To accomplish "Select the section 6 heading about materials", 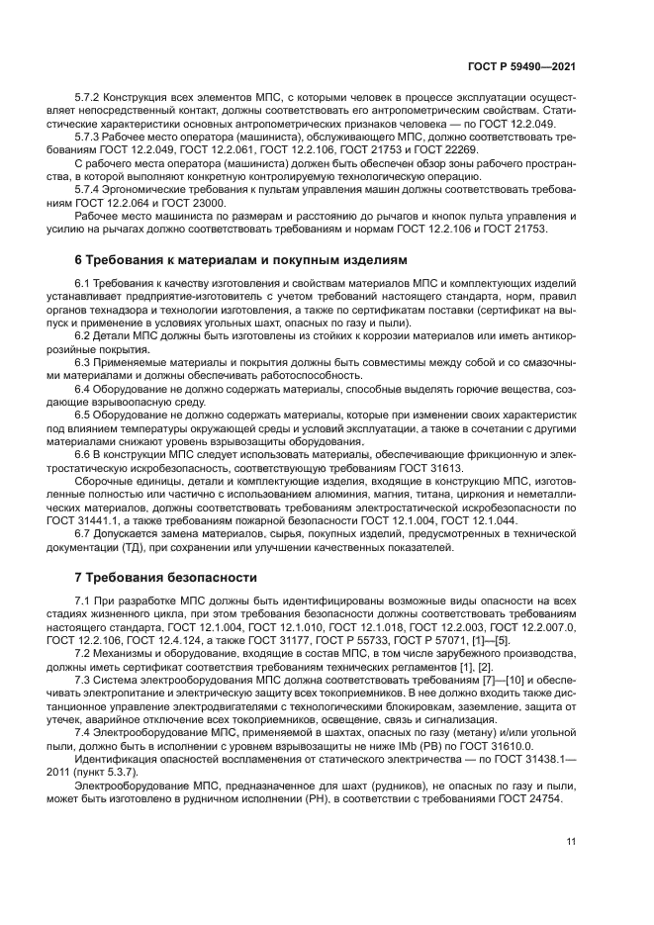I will click(240, 260).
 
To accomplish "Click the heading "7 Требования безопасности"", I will click(166, 577).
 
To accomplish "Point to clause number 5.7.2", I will click(90, 98).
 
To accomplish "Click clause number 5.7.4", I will click(90, 188).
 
